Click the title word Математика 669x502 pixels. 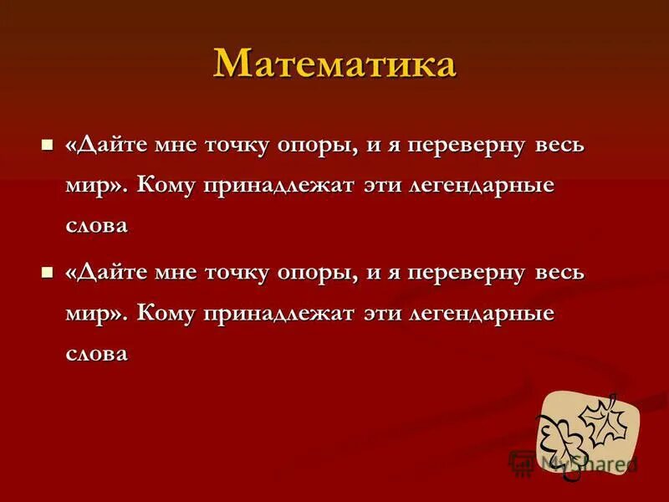pos(334,64)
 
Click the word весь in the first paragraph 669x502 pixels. pos(558,145)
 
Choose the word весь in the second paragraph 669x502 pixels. pos(558,274)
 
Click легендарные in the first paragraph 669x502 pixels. pos(478,186)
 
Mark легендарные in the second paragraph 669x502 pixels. pos(478,315)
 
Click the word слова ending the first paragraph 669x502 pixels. pos(96,226)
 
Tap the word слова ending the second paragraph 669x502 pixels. pos(96,355)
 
